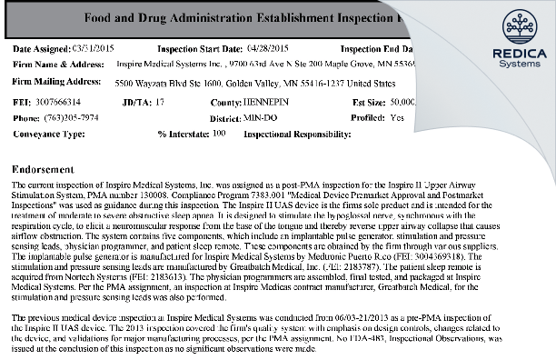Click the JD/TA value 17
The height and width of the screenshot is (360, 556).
coord(160,103)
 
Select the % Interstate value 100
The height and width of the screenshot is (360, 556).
coord(219,133)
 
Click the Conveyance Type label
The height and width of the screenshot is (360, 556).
coord(51,133)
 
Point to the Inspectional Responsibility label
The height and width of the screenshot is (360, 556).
coord(297,133)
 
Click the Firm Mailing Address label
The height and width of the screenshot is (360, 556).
coord(54,81)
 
